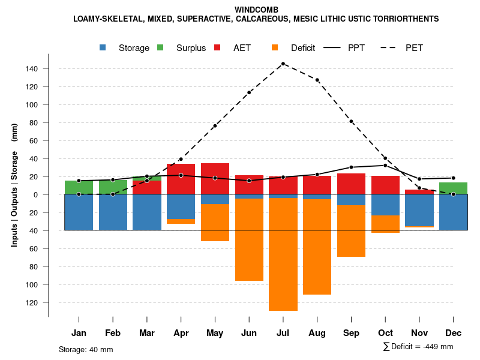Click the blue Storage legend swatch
click(x=103, y=47)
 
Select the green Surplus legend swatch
click(x=160, y=47)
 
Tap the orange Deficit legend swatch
click(x=275, y=47)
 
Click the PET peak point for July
click(x=283, y=64)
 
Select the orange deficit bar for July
click(x=283, y=254)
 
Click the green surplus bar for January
click(x=79, y=187)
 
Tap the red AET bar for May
click(x=215, y=179)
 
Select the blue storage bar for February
click(x=113, y=212)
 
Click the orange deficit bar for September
click(x=351, y=231)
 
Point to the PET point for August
click(x=317, y=80)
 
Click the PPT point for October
click(x=385, y=166)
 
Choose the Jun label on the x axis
click(x=249, y=333)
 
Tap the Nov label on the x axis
click(x=419, y=333)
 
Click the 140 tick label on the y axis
click(x=31, y=68)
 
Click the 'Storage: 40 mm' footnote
click(x=86, y=349)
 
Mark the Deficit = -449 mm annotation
click(x=418, y=347)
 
